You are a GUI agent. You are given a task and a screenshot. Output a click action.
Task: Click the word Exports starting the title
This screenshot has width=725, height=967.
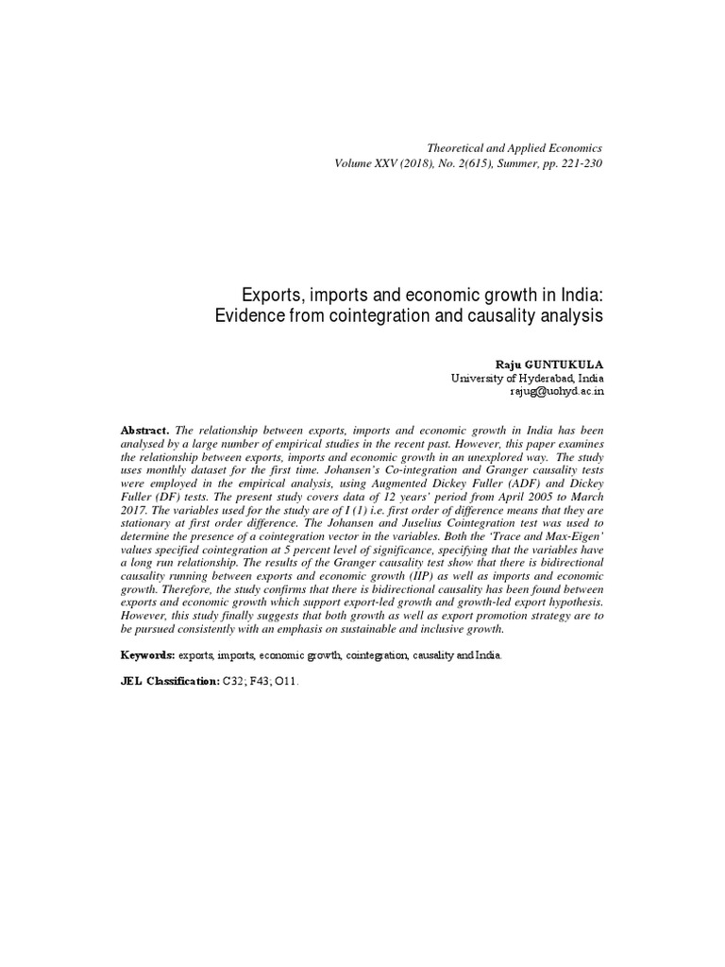click(267, 294)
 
